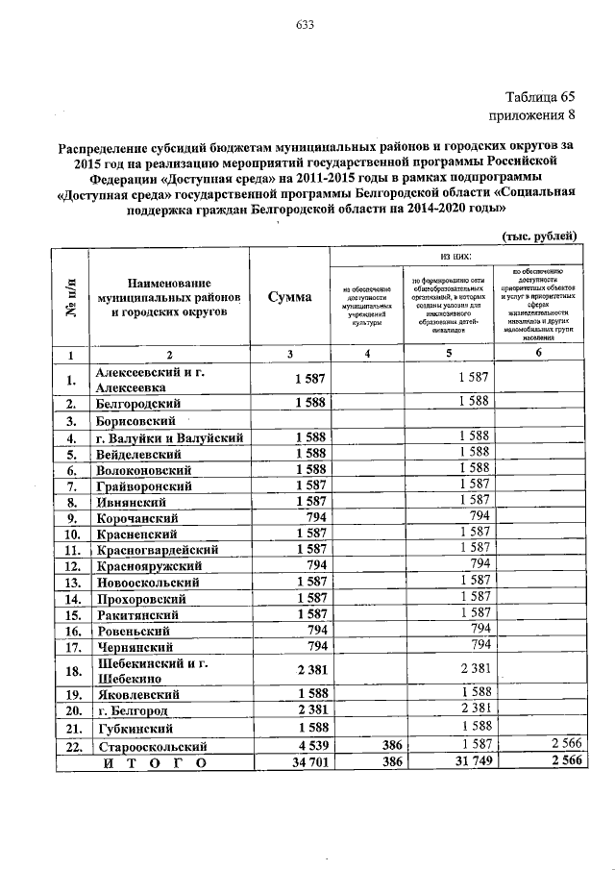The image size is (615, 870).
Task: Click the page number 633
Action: [307, 24]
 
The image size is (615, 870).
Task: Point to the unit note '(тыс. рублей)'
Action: [539, 235]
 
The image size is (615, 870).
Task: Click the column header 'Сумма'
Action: [289, 298]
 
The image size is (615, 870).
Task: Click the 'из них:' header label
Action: [454, 257]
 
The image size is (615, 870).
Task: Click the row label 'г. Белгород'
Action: [134, 710]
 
